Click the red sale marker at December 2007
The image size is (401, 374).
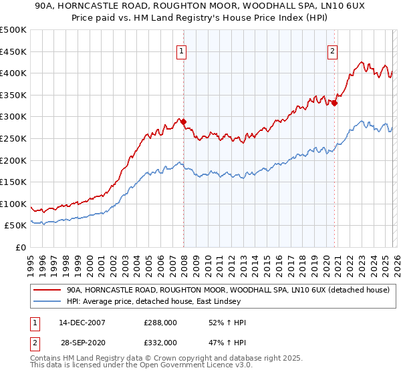[x=183, y=122]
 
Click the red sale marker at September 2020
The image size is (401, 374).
[x=334, y=103]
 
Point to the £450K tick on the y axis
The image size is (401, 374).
[x=13, y=51]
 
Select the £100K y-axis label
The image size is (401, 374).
[x=13, y=204]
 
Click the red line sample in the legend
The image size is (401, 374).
[x=48, y=290]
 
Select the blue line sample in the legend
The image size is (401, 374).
[x=48, y=302]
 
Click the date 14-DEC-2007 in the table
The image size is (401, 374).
[x=82, y=323]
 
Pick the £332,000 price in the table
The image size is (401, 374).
[x=160, y=342]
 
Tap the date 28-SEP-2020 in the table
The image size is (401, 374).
[x=82, y=342]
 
